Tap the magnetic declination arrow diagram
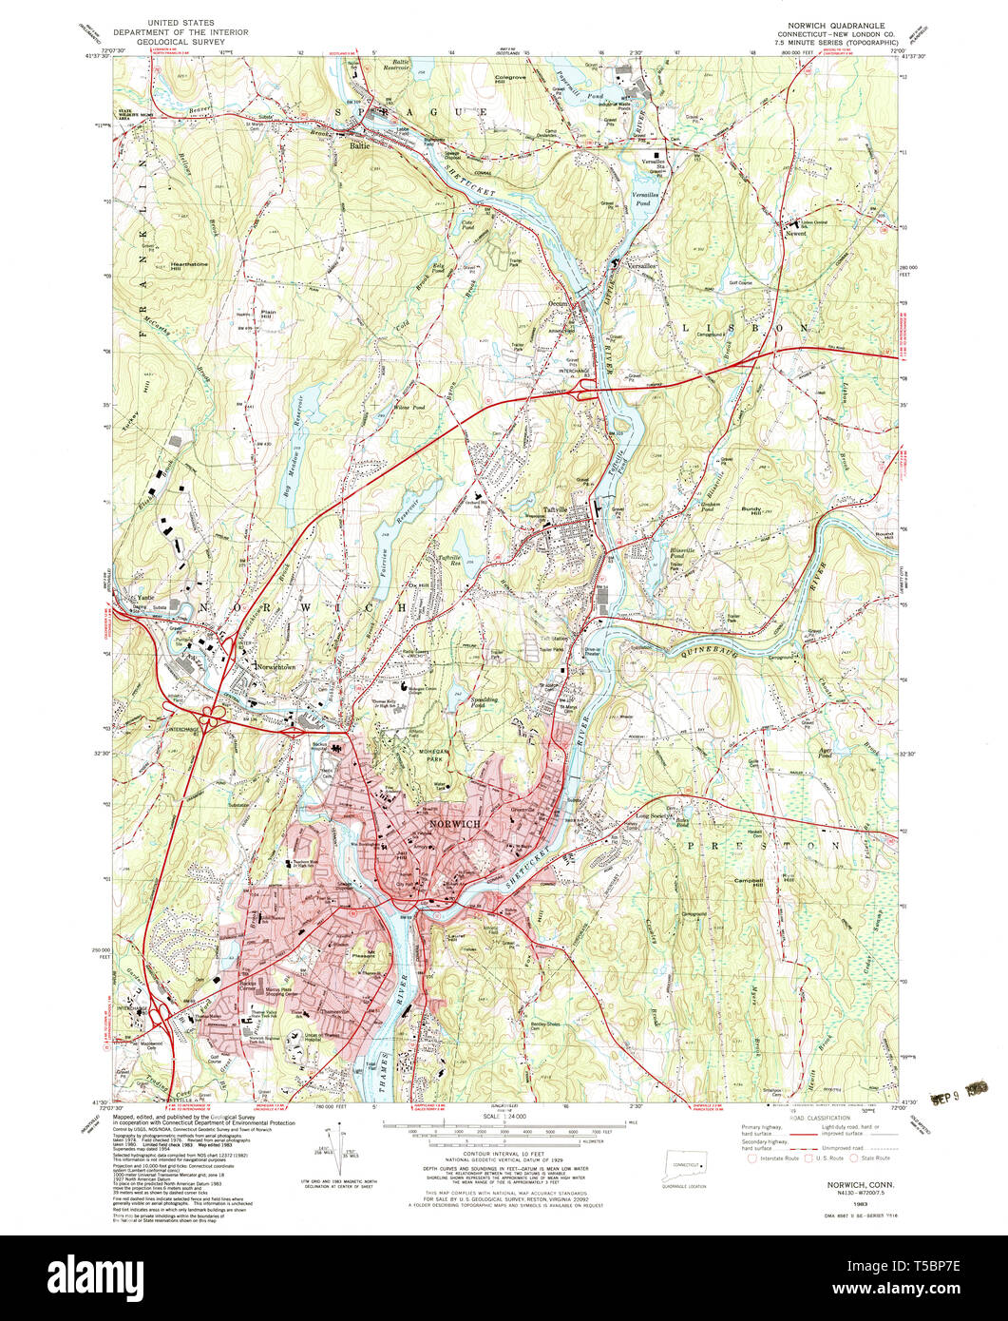(x=335, y=1147)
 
